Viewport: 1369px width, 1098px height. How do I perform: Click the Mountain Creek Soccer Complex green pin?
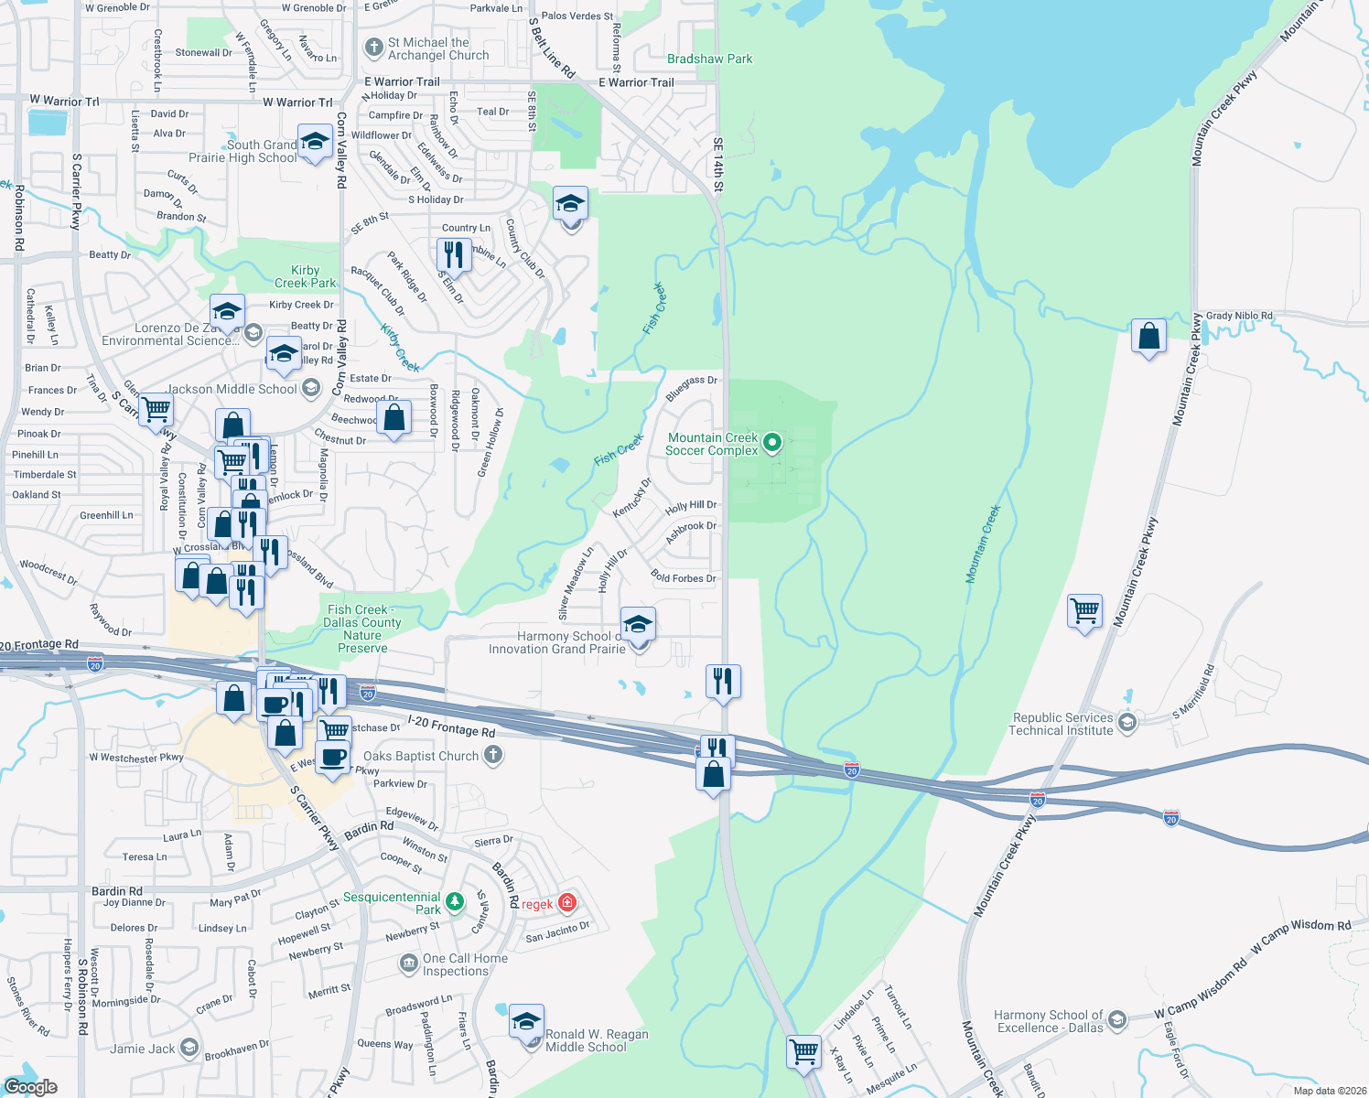coord(772,443)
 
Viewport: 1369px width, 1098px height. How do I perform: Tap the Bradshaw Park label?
coord(709,59)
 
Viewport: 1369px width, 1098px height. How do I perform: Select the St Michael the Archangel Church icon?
coord(373,48)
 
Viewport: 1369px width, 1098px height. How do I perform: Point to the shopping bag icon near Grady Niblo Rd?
coord(1148,337)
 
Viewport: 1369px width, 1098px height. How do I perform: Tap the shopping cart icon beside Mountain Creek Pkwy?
coord(1084,610)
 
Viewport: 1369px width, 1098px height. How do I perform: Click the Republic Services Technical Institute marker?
coord(1127,723)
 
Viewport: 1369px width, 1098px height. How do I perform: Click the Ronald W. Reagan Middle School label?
coord(597,1040)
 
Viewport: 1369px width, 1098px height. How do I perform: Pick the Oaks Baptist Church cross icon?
coord(493,756)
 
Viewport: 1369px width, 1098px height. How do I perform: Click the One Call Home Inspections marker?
coord(409,963)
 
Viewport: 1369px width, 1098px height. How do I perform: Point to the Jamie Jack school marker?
coord(189,1048)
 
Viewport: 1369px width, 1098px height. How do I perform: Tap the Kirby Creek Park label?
coord(306,276)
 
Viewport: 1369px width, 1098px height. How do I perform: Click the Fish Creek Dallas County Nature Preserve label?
coord(362,629)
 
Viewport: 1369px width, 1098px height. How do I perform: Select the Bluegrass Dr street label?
coord(691,388)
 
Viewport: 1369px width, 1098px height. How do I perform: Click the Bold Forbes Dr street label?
coord(684,577)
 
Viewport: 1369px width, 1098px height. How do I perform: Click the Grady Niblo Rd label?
coord(1239,316)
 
